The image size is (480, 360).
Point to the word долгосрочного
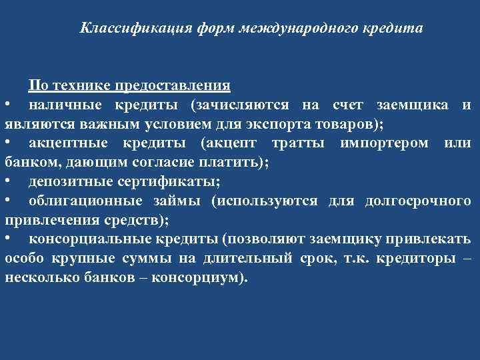pyautogui.click(x=418, y=201)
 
